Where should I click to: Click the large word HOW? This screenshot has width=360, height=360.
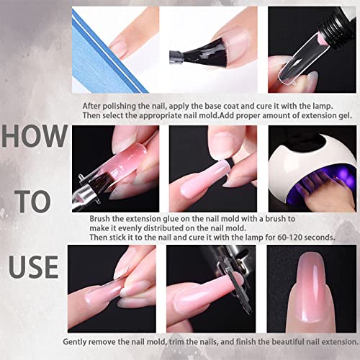[x=35, y=136]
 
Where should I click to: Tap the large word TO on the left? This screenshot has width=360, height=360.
[x=33, y=201]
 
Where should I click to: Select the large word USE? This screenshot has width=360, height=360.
[x=34, y=266]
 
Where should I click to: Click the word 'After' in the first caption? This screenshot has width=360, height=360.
[x=91, y=106]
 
